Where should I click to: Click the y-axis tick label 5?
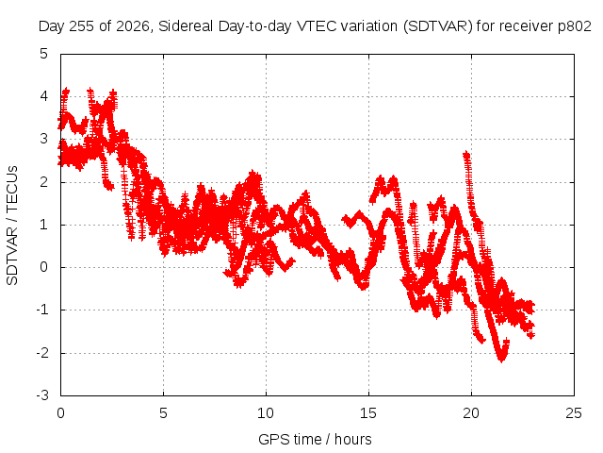click(43, 53)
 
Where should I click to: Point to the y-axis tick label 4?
click(43, 96)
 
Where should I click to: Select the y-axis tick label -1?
click(41, 310)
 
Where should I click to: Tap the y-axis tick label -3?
click(41, 395)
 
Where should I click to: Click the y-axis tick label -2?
click(41, 352)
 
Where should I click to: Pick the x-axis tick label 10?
click(266, 413)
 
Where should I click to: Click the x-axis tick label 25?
click(574, 413)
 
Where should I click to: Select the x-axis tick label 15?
click(368, 413)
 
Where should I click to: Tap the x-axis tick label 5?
click(163, 413)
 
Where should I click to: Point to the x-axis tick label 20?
click(471, 413)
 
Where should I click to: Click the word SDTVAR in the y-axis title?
click(12, 256)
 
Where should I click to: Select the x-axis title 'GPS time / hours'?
click(315, 439)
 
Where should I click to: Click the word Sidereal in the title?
click(186, 26)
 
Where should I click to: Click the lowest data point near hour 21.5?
click(501, 360)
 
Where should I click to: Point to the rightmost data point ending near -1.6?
click(531, 335)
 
